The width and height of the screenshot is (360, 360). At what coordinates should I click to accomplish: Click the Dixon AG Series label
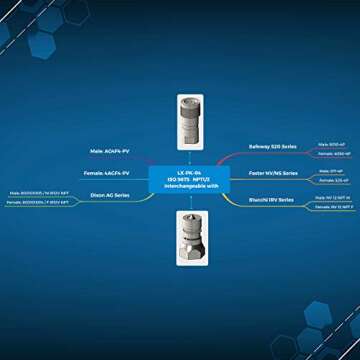(110, 196)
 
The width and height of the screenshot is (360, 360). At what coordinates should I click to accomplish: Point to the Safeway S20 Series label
(271, 147)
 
